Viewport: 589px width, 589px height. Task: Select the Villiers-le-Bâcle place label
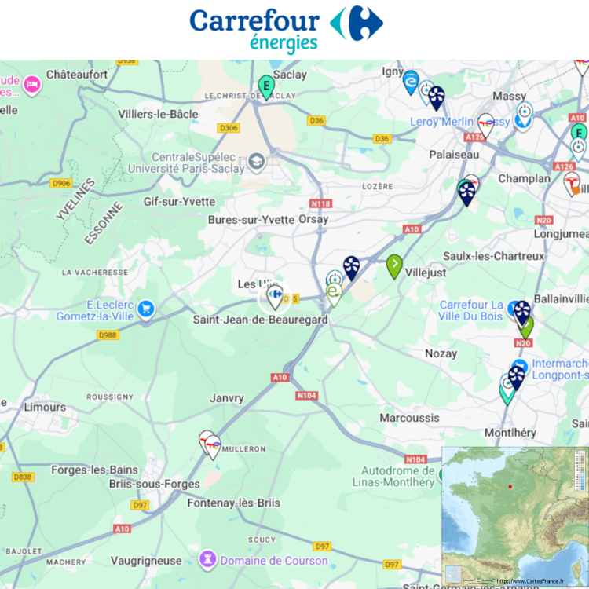158,114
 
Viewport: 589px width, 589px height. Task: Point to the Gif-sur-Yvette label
179,201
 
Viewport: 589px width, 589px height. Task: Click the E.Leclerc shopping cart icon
145,309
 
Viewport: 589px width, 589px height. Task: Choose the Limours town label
45,407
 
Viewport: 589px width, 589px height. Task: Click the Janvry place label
227,398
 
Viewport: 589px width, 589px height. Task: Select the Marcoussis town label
409,418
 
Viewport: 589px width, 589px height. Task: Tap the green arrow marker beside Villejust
394,265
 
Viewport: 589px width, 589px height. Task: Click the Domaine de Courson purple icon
208,560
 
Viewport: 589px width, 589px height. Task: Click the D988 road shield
108,335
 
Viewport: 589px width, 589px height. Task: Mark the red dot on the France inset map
510,487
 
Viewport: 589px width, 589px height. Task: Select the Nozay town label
441,353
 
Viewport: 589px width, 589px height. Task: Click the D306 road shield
229,127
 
